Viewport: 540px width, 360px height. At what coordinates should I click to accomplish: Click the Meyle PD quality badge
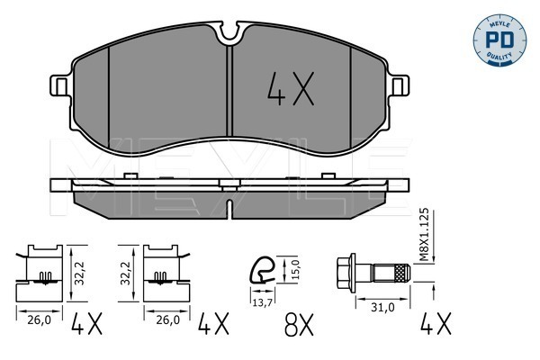[x=499, y=40]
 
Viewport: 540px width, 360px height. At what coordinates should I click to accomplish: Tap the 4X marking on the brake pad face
[x=291, y=88]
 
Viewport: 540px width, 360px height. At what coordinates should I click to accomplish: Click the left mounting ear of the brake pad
[x=60, y=85]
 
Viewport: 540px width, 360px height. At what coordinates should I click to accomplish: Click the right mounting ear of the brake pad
[x=399, y=85]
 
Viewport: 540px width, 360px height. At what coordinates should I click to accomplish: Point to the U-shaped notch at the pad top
[x=229, y=31]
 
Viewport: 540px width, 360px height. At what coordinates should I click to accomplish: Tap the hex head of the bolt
[x=346, y=273]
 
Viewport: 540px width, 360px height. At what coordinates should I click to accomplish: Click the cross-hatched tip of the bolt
[x=402, y=273]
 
